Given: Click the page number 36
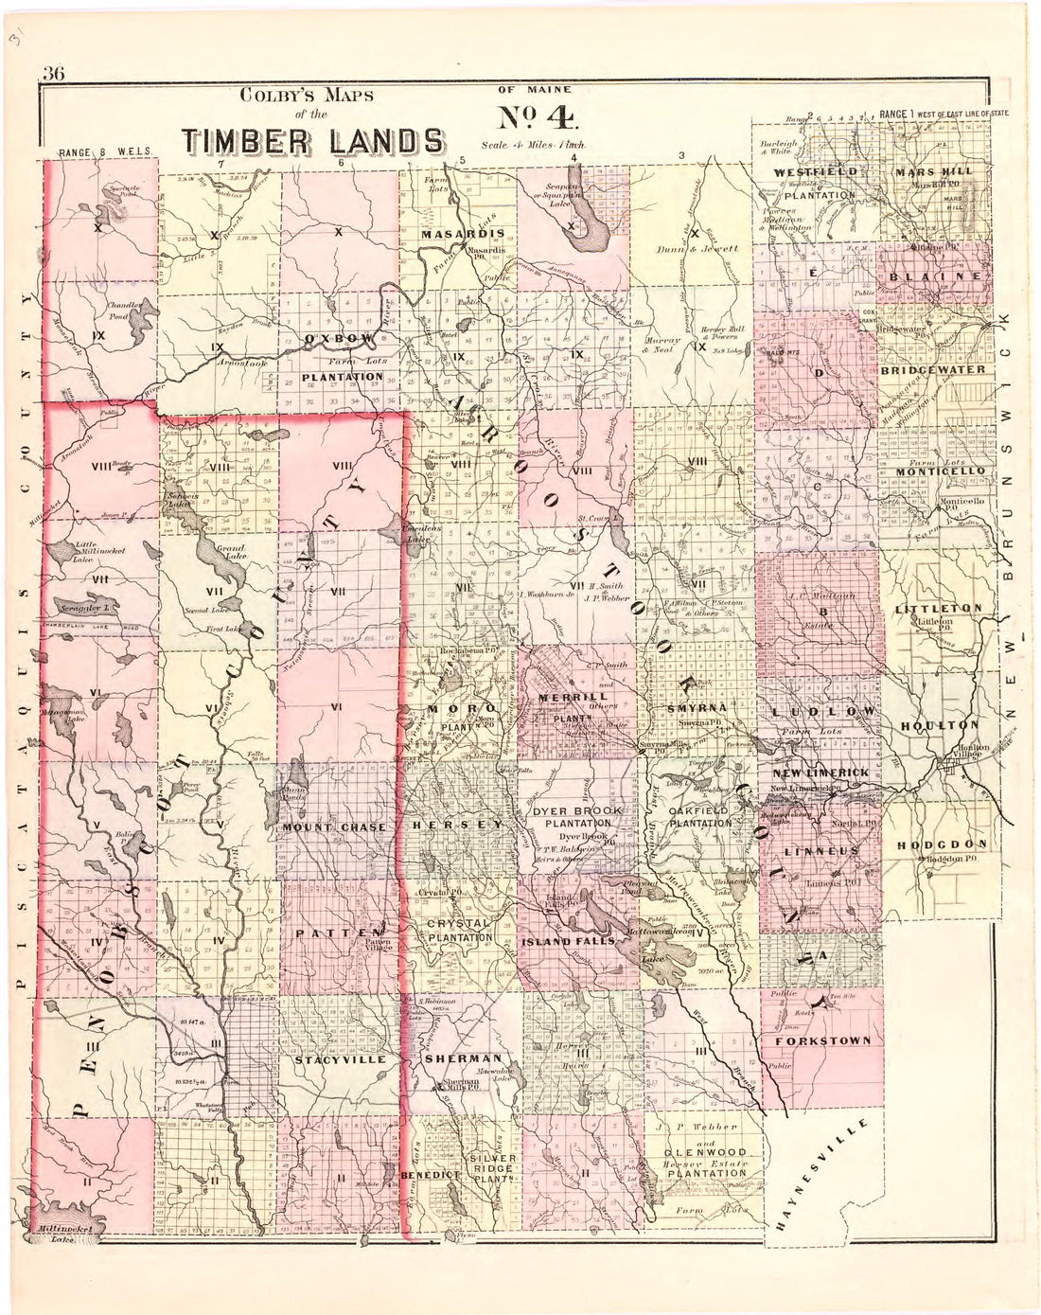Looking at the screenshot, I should pos(52,77).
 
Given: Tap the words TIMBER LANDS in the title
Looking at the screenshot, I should pos(315,140).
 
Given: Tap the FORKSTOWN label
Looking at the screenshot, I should pos(821,1040).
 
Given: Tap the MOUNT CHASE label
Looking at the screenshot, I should pos(334,827).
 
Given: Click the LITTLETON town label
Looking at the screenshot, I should pos(939,608).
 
